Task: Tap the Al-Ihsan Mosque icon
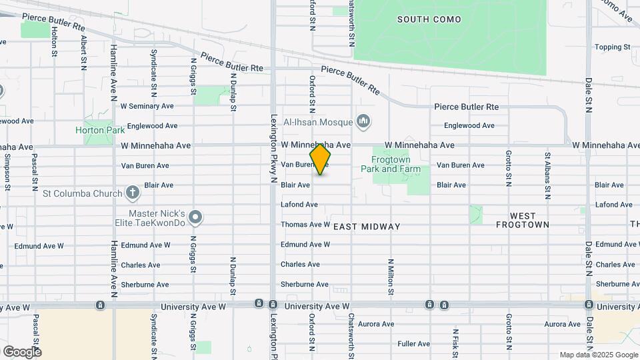(363, 121)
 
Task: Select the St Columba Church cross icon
(133, 193)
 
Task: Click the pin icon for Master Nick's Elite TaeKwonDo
(195, 217)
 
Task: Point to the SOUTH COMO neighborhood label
(429, 19)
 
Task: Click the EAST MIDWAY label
(367, 227)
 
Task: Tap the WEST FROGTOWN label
(523, 220)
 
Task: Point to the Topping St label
(612, 47)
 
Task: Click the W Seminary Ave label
(147, 106)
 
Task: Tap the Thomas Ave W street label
(305, 225)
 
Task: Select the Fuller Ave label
(413, 344)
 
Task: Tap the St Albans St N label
(547, 175)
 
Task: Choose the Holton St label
(54, 41)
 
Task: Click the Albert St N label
(84, 49)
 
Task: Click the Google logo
(22, 351)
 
